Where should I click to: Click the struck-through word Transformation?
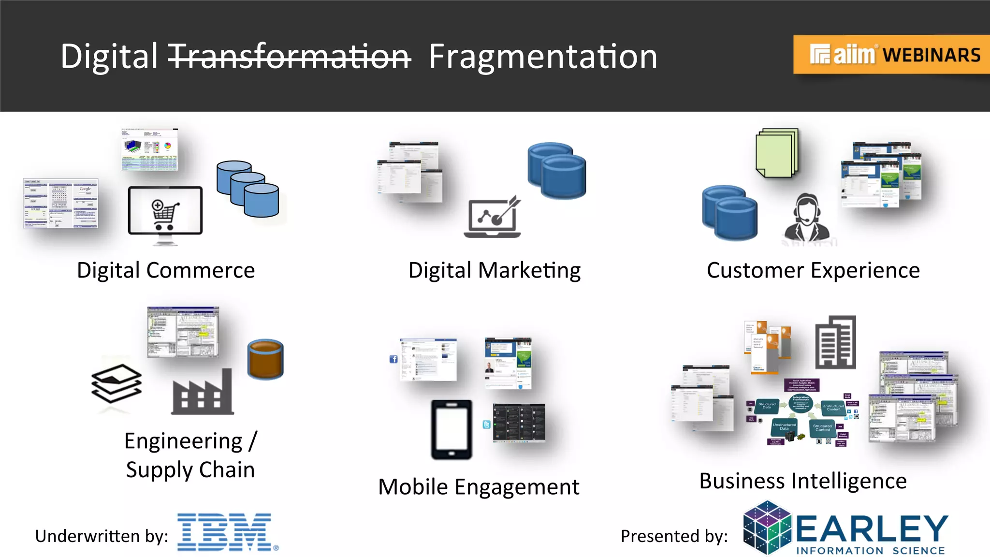[x=289, y=57]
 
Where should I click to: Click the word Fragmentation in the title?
[x=543, y=57]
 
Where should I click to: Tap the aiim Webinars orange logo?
[x=891, y=54]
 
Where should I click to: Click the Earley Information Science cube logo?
[x=767, y=528]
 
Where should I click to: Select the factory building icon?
[x=203, y=393]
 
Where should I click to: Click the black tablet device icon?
[x=451, y=429]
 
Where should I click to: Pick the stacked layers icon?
[x=116, y=383]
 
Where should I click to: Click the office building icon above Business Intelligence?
[x=835, y=342]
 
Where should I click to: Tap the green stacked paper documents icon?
[x=777, y=153]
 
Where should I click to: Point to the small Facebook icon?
[x=393, y=359]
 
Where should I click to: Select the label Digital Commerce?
[x=166, y=270]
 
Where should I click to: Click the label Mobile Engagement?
[x=479, y=487]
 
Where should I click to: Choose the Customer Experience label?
[x=813, y=270]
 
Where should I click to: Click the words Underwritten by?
[x=102, y=536]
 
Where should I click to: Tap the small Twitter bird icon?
[x=486, y=425]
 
